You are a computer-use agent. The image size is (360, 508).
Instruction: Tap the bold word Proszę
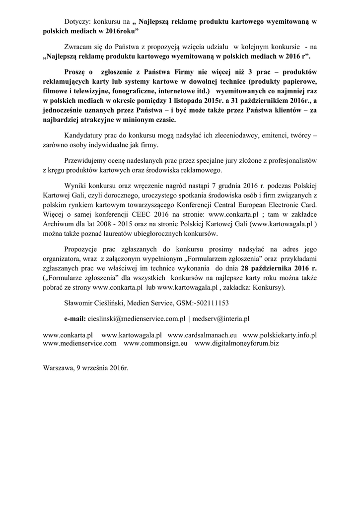75,72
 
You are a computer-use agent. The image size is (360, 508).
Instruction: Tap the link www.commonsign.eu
155,343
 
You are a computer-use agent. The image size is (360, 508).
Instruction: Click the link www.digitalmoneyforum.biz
237,343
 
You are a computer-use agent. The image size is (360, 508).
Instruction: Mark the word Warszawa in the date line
59,369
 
